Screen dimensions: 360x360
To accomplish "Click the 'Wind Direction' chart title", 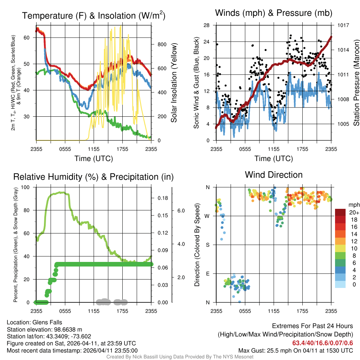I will point(274,175).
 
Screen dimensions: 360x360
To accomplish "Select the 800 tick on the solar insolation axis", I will point(161,44).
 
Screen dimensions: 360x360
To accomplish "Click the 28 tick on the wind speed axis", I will point(207,25).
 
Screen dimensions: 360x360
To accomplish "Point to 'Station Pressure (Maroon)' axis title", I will point(356,82).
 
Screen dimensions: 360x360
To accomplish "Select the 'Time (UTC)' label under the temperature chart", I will point(94,159).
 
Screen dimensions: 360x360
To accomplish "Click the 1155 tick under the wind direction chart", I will point(274,311).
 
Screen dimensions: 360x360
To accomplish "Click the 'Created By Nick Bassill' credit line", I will point(180,357).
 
